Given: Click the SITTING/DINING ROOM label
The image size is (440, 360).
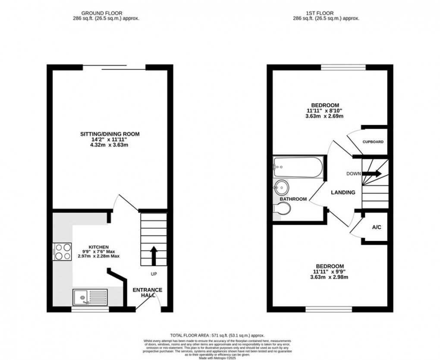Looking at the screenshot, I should pos(110,134).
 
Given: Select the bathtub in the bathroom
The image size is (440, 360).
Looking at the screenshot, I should pos(298,168).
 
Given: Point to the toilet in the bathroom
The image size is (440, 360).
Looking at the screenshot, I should pos(283,209).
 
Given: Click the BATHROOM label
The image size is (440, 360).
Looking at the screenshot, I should pos(293,199).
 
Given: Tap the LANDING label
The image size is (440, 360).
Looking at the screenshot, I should pos(343,192).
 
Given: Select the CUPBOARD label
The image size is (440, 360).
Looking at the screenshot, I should pos(373,142).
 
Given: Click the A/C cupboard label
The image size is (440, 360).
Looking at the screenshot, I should pos(377,227).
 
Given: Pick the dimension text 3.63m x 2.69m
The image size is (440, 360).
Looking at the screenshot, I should pos(325,116).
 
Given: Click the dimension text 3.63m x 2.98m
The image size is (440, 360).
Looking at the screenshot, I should pos(330,277).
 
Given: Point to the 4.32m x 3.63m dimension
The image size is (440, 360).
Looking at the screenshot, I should pos(110,145).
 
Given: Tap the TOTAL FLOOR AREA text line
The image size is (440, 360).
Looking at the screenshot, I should pos(217,335).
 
